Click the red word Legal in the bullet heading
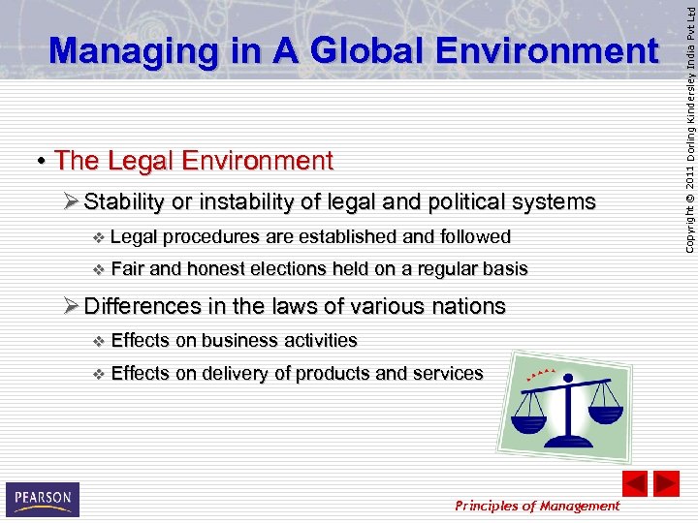135,160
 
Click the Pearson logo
42,499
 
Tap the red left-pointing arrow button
634,483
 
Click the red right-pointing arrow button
666,483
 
